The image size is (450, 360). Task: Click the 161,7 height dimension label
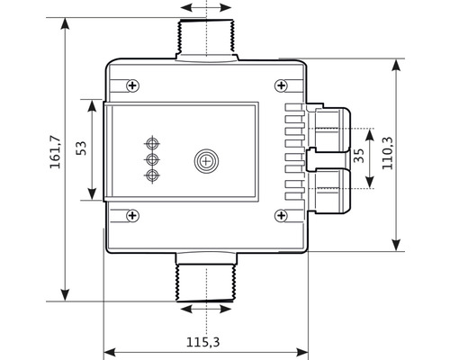pos(54,152)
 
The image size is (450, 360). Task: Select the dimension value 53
pos(81,148)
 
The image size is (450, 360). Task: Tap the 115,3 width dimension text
pos(203,342)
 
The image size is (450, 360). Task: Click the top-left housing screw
pos(133,85)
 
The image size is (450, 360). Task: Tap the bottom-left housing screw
pos(133,214)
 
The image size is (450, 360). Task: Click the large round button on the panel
pos(207,161)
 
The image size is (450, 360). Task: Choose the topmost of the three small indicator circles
pos(151,143)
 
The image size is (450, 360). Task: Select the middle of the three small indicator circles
pos(151,159)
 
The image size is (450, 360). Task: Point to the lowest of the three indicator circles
pos(151,174)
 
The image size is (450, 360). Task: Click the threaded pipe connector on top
pos(206,40)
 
